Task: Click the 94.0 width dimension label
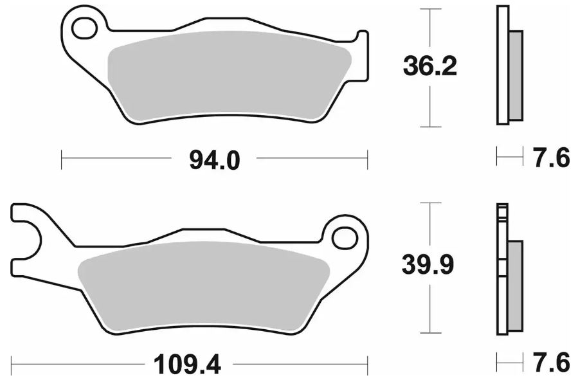tap(215, 160)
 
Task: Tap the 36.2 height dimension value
tap(430, 66)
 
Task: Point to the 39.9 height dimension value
tap(428, 265)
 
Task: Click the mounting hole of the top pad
tap(85, 29)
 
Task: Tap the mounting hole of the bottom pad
tap(345, 239)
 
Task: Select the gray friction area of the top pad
tap(228, 77)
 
